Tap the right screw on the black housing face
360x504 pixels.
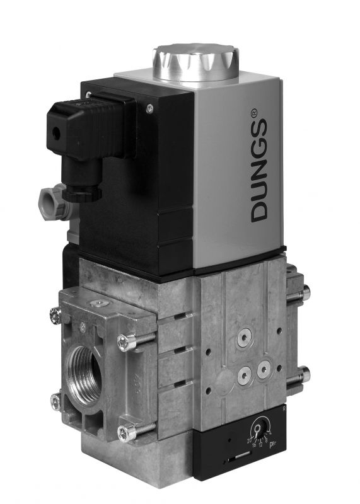click(149, 108)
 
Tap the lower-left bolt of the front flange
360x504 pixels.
click(55, 399)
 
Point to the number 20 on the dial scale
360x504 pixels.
click(250, 438)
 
